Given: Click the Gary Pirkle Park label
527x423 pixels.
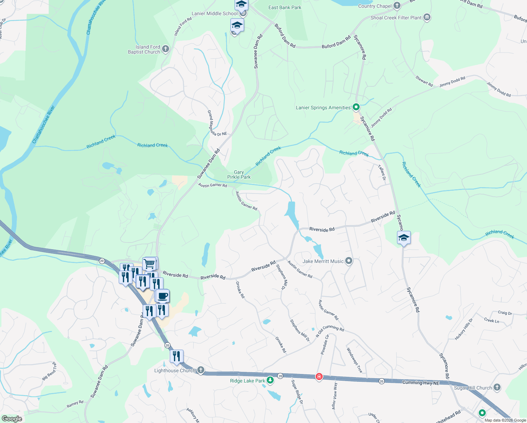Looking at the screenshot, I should point(239,175).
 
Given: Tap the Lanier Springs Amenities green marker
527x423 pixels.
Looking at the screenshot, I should point(356,107).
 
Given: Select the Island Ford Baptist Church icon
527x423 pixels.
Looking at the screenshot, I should point(166,49).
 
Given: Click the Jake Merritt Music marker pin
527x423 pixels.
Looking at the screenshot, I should point(349,261).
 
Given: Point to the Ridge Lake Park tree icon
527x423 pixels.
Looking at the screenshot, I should point(270,380).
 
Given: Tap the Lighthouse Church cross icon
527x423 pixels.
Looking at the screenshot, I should point(200,370).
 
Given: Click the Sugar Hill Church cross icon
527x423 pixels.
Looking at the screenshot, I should point(497,387).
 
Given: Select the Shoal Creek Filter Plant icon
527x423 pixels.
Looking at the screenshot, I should point(427,17).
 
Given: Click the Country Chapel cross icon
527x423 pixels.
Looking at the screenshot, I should point(397,6).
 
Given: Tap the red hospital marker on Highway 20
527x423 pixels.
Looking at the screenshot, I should point(319,376).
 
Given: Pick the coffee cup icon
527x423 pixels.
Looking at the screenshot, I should point(162,296).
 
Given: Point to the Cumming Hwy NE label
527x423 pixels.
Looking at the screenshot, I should point(421,382).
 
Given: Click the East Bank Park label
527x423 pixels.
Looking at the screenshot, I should point(285,7).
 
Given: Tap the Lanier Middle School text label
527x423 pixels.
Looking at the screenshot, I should point(215,13).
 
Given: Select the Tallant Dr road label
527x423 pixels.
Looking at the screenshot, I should point(382,172).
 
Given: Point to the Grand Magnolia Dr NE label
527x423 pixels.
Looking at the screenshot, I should point(216,124).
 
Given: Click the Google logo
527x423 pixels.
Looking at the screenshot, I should point(12,418).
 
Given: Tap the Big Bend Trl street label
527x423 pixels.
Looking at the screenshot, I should point(49,370).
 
